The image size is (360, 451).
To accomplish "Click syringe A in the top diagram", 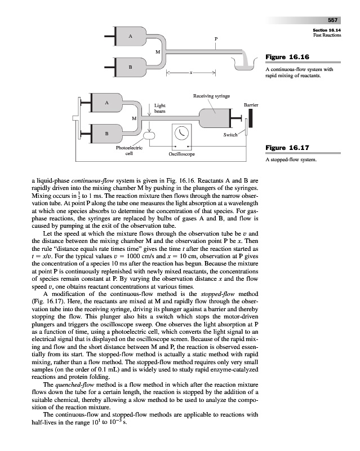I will pyautogui.click(x=131, y=37).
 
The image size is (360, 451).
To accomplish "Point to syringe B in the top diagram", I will pyautogui.click(x=131, y=68).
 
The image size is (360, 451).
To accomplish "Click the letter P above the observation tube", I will pyautogui.click(x=215, y=38).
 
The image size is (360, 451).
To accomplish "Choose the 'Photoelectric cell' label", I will pyautogui.click(x=129, y=151).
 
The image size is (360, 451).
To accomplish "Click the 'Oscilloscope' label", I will pyautogui.click(x=182, y=153).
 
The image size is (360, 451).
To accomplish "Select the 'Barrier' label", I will pyautogui.click(x=251, y=105).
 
